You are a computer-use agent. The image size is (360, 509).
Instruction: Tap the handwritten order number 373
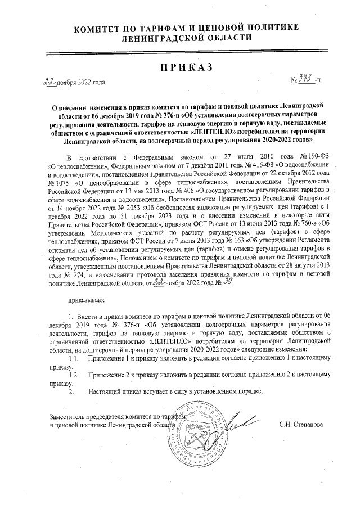coord(306,81)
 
